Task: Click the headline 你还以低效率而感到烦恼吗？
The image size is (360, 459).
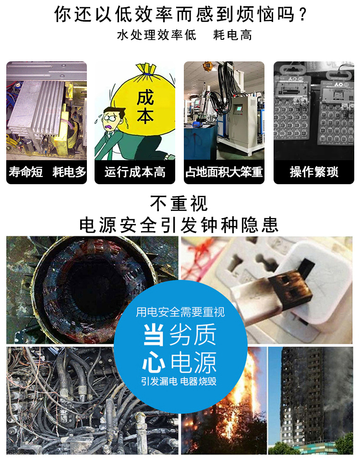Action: point(180,14)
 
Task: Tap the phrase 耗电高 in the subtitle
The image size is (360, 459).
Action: point(232,35)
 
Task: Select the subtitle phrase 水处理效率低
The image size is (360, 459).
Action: point(156,35)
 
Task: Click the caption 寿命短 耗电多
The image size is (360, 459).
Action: point(47,172)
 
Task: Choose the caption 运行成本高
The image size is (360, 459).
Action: point(135,172)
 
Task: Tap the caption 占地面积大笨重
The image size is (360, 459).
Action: point(224,172)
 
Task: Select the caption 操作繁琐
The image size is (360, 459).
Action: point(314,172)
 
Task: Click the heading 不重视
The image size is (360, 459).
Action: point(179,203)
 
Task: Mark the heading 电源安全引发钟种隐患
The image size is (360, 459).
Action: point(179,225)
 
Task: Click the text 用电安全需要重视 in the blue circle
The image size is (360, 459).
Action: point(180,312)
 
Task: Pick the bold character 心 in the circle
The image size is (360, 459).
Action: point(154,363)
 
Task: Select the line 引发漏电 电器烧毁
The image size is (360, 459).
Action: point(179,381)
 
